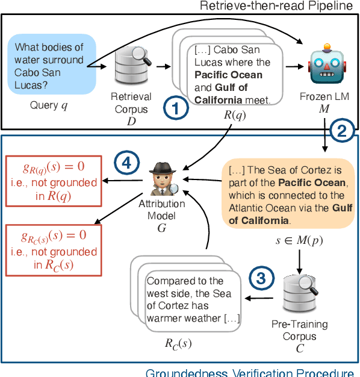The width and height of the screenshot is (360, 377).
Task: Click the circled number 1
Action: (x=175, y=110)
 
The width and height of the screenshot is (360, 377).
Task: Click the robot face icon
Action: (x=325, y=67)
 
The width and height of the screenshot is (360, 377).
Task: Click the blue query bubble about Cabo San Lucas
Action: (x=52, y=64)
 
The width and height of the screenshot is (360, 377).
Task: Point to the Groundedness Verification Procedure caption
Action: (x=250, y=372)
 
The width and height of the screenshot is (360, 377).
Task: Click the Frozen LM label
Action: (x=326, y=96)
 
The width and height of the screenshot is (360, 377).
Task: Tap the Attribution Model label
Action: (x=161, y=210)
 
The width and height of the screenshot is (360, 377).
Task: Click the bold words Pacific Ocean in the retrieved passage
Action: (x=228, y=75)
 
